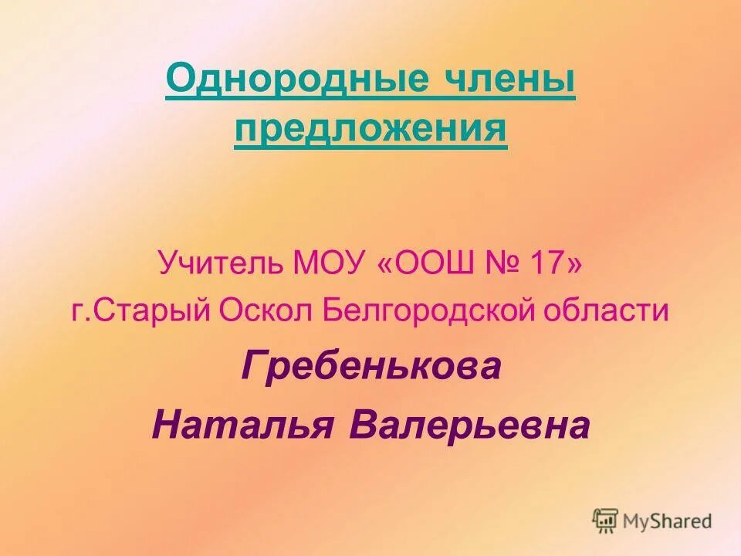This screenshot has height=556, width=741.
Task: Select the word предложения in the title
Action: click(x=370, y=127)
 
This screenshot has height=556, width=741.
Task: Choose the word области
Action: click(x=609, y=311)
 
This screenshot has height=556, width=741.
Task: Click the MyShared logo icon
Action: click(x=606, y=520)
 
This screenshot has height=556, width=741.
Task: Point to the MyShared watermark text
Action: click(x=668, y=521)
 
